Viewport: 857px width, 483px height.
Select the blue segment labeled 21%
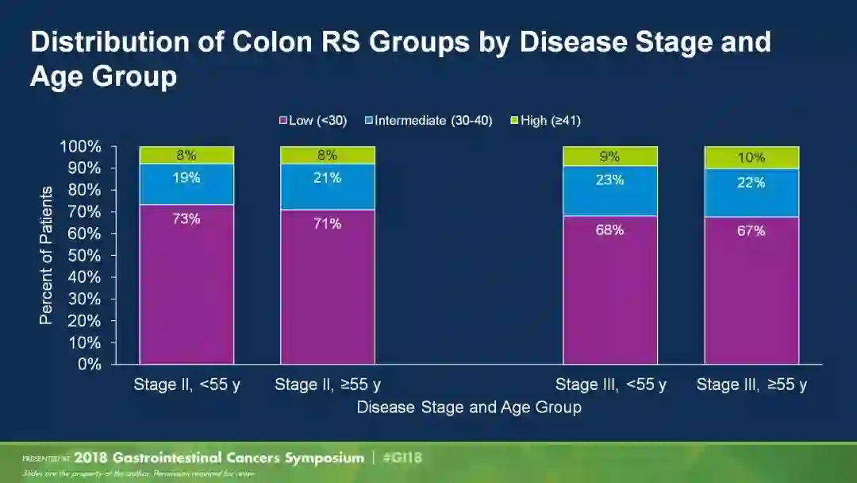click(x=327, y=187)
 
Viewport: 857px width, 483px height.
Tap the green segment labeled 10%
click(x=751, y=158)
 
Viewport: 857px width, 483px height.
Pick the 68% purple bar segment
click(x=610, y=290)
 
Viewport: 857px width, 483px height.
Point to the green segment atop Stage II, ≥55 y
click(x=327, y=155)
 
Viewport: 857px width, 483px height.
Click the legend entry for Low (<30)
click(x=313, y=121)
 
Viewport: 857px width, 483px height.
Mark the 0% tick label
click(x=89, y=365)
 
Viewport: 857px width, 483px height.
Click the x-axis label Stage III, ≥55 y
click(x=751, y=385)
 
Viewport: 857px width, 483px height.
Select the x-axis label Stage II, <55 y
click(x=186, y=385)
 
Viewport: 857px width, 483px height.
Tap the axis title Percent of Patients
click(x=47, y=255)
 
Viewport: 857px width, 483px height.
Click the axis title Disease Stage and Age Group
click(x=468, y=408)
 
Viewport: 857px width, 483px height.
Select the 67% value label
click(x=751, y=231)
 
